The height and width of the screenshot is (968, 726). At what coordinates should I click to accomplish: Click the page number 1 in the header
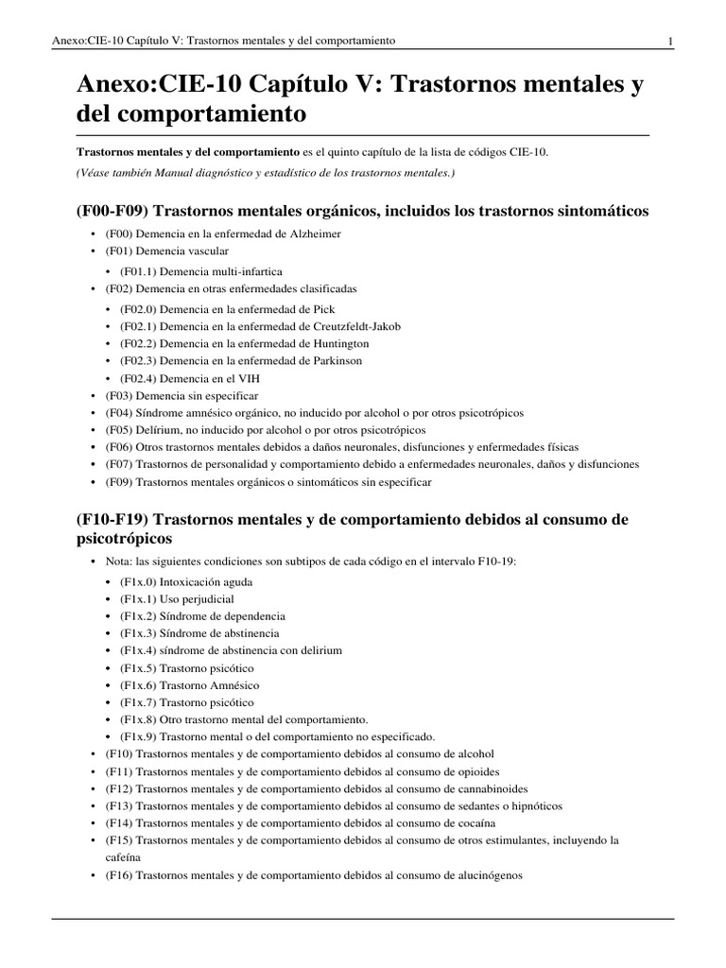point(669,41)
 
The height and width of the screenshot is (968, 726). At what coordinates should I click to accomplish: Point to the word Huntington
point(337,343)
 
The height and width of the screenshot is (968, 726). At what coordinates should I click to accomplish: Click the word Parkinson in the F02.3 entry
point(333,360)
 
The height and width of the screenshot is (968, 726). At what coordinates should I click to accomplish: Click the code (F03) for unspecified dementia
point(119,395)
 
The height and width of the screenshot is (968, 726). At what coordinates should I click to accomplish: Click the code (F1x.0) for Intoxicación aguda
point(139,581)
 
